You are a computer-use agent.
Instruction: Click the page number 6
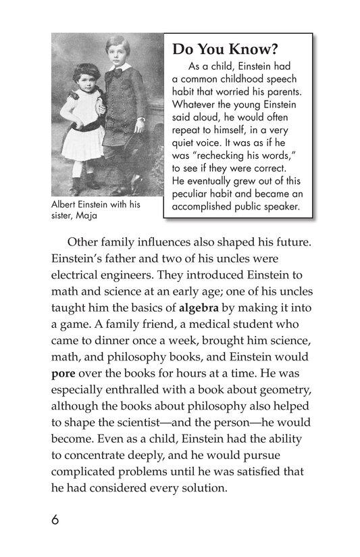coord(54,520)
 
